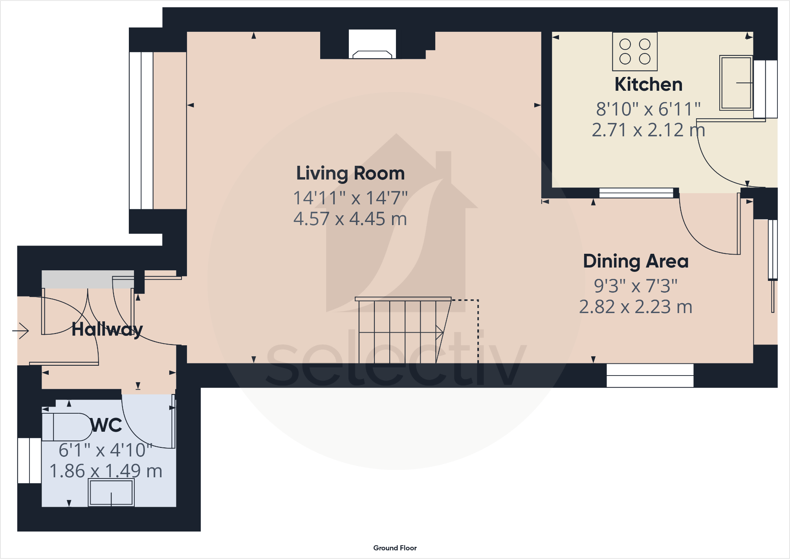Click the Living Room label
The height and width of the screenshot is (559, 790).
[x=350, y=174]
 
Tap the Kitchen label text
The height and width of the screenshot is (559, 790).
[x=649, y=84]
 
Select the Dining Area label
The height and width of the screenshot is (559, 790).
[x=636, y=262]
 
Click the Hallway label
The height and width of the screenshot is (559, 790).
[x=107, y=329]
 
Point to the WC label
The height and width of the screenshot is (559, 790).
[x=106, y=425]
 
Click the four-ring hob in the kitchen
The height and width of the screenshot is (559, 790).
[x=635, y=51]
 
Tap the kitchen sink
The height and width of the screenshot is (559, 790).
[x=736, y=83]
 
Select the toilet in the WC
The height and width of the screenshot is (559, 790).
[x=67, y=427]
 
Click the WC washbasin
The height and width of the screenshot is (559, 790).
[x=111, y=493]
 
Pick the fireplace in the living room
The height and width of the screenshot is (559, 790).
[x=372, y=44]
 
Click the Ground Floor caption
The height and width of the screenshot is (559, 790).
[x=395, y=548]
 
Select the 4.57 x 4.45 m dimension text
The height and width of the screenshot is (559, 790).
[x=350, y=219]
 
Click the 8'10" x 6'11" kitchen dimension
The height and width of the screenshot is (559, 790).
[x=649, y=109]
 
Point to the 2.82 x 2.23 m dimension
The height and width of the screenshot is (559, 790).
[x=636, y=307]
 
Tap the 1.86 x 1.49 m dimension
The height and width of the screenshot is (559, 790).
[x=106, y=471]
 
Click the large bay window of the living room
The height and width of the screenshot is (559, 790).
[x=141, y=130]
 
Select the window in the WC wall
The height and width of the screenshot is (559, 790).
[x=29, y=460]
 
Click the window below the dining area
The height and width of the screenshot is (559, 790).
[x=650, y=376]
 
